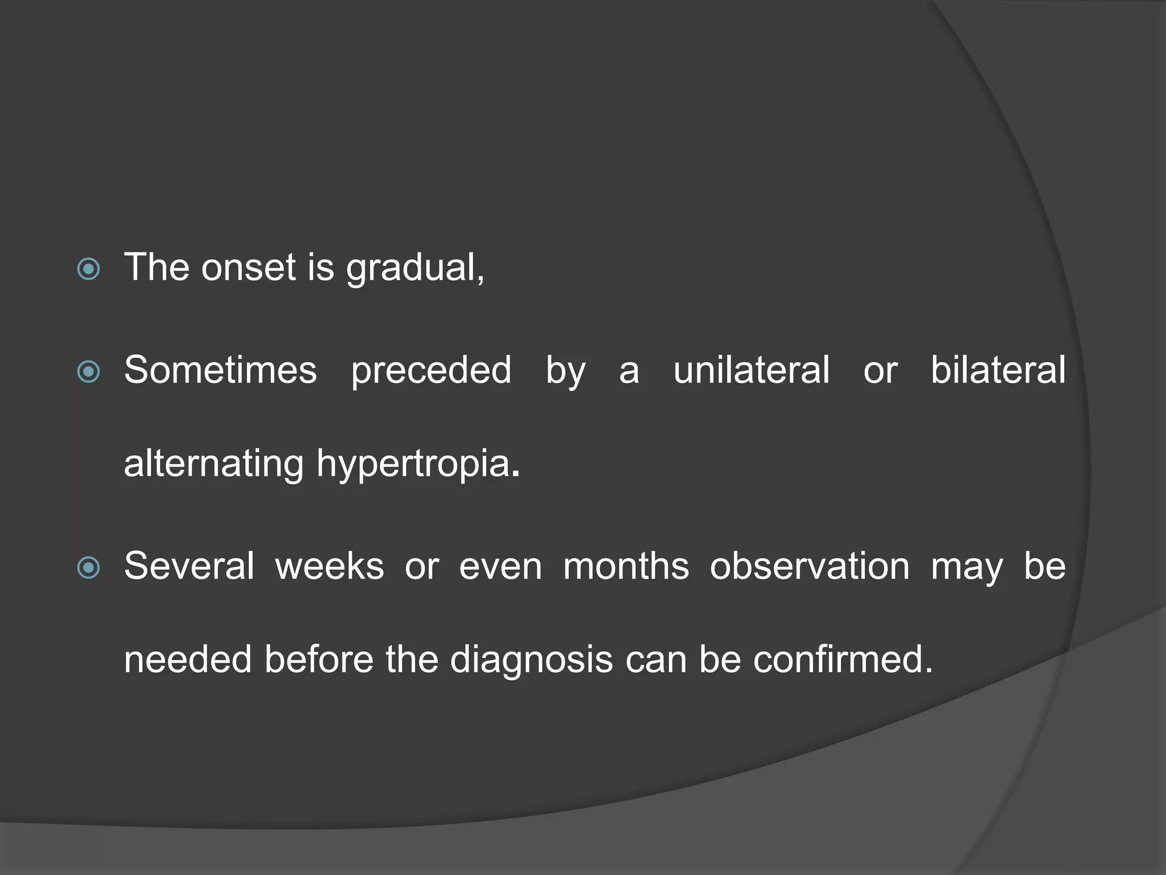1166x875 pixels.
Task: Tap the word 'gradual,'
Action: pyautogui.click(x=416, y=268)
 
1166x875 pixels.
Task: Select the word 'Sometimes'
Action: pyautogui.click(x=220, y=370)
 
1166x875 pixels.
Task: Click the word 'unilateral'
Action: pyautogui.click(x=752, y=370)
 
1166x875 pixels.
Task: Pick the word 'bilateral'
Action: pyautogui.click(x=998, y=370)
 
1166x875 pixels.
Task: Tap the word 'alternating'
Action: pyautogui.click(x=214, y=464)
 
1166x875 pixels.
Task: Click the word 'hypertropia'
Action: pyautogui.click(x=413, y=465)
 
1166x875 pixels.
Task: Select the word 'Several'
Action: pyautogui.click(x=189, y=566)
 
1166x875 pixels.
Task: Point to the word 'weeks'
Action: pyautogui.click(x=330, y=566)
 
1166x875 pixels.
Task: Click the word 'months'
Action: pyautogui.click(x=626, y=566)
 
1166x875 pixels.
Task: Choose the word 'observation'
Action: pyautogui.click(x=810, y=566)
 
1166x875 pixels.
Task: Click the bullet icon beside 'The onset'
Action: pyautogui.click(x=88, y=269)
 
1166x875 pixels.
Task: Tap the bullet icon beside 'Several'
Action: pyautogui.click(x=88, y=568)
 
